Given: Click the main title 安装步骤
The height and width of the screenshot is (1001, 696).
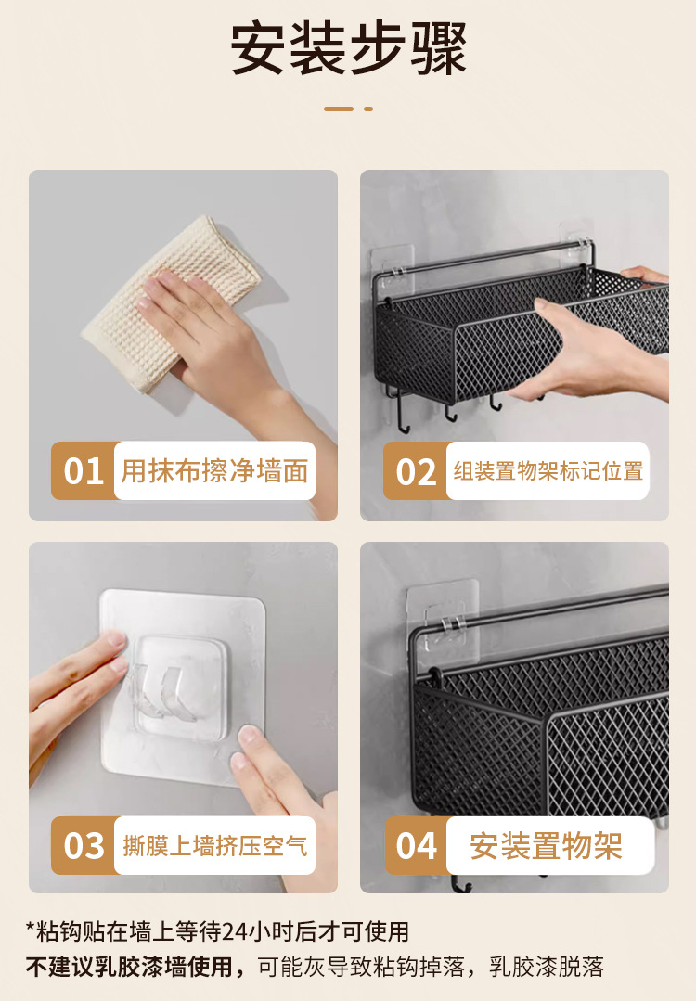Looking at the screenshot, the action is [x=348, y=48].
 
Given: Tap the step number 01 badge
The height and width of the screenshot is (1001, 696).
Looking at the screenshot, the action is [x=83, y=471].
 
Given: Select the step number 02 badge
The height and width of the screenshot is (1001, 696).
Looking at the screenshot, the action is [x=415, y=471].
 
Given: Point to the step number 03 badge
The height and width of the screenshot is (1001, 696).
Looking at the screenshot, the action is [x=83, y=846].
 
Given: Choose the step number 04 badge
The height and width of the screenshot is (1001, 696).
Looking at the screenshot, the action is [x=417, y=846].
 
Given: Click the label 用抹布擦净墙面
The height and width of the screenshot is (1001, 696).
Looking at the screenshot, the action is [x=214, y=471].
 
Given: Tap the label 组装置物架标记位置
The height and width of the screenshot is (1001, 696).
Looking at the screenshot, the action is [x=548, y=471].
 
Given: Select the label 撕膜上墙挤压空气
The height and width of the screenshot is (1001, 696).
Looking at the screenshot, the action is [x=214, y=846].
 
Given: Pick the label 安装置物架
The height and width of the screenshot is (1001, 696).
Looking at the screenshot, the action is [x=546, y=846].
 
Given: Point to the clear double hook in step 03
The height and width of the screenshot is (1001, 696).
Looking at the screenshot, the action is [x=162, y=693].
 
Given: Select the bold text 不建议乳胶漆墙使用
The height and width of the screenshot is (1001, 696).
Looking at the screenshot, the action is [x=128, y=967].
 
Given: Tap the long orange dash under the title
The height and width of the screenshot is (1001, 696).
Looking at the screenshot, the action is [x=339, y=109].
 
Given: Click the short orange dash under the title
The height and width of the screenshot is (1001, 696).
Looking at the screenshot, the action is [x=368, y=109].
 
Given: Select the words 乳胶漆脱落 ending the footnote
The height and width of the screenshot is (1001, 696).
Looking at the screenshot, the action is [x=547, y=967].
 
